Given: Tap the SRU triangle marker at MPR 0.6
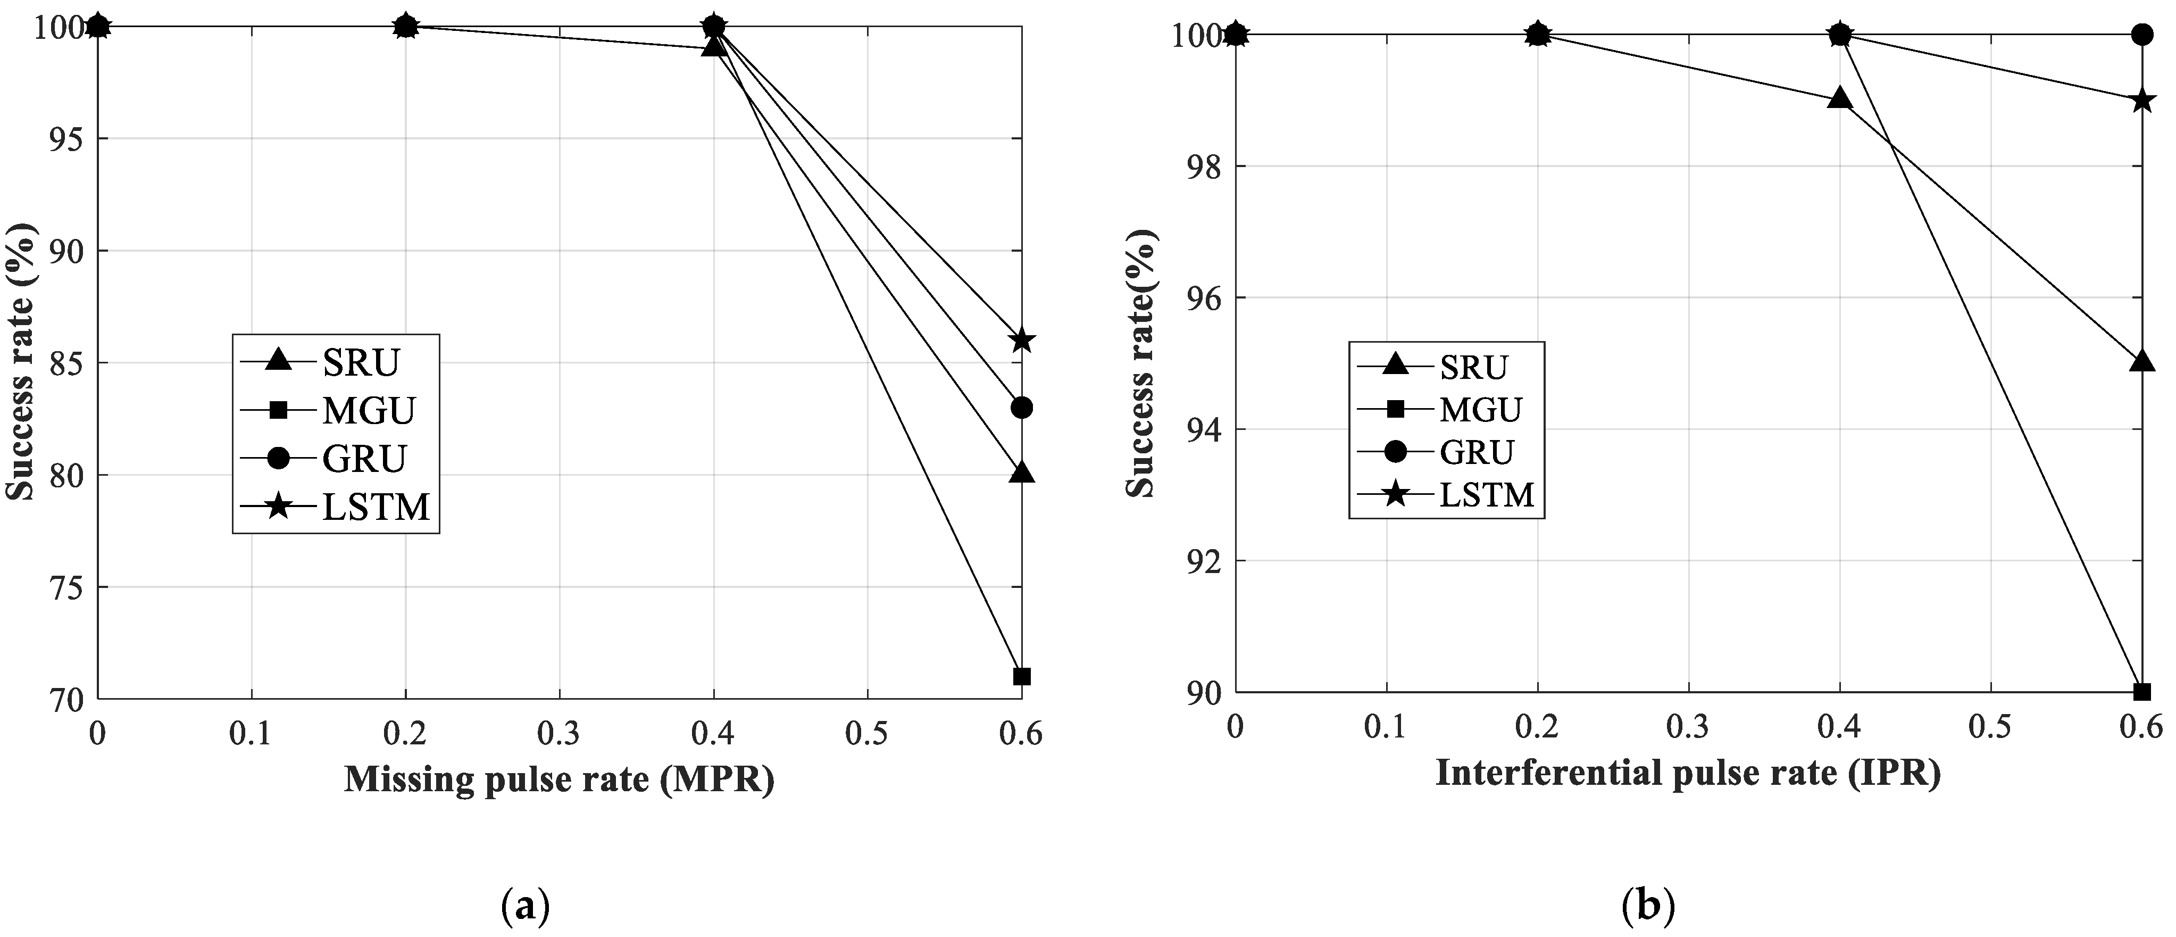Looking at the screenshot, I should click(x=1022, y=473).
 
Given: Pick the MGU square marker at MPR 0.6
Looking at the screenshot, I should click(x=1022, y=676).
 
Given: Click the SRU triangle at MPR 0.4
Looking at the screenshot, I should click(x=715, y=46).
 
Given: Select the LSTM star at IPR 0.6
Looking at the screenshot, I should click(x=2141, y=101).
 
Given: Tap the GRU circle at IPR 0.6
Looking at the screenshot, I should click(x=2141, y=35).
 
